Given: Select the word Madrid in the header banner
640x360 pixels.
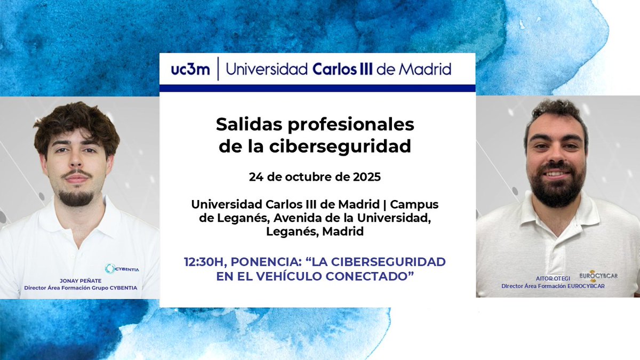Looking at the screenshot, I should click(427, 69).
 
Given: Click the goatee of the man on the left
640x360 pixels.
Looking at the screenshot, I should click(76, 198).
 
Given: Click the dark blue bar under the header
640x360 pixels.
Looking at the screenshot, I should click(317, 88).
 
